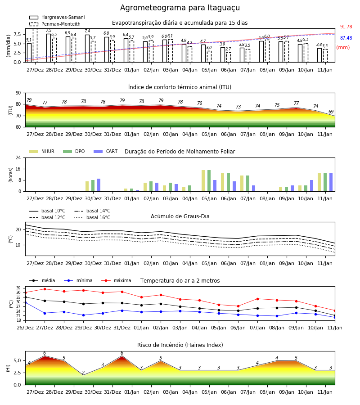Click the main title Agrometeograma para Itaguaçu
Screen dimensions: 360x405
pos(180,8)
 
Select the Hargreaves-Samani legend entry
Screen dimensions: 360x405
pos(57,17)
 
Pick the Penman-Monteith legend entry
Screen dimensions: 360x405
pos(55,24)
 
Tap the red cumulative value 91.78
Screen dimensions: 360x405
pos(346,27)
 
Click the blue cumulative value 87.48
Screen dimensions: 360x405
pos(346,38)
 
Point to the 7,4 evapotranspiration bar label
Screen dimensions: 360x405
pos(87,31)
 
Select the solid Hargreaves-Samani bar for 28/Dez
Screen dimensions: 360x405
pos(49,48)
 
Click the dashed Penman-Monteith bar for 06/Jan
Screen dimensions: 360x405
pos(229,57)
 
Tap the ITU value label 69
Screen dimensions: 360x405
pos(331,112)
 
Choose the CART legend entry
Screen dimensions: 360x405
pos(106,151)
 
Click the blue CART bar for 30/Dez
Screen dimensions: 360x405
pos(99,185)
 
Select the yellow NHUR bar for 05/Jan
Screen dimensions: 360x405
pos(203,181)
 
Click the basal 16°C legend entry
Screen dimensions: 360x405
pos(92,218)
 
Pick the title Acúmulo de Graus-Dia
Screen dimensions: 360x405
pos(180,216)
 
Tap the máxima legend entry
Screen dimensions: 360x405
pos(116,280)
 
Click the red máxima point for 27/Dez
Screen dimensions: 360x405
pos(45,289)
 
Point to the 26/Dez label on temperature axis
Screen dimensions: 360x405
pos(25,328)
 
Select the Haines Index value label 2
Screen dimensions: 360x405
pos(83,373)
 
